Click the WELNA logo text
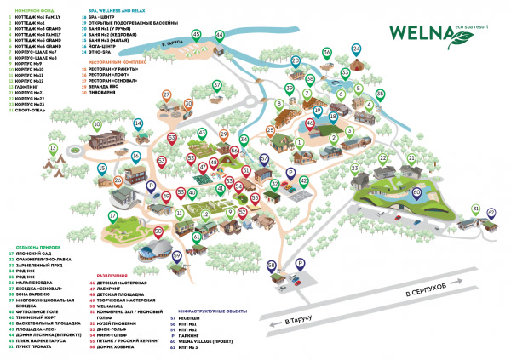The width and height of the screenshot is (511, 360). coord(421,31)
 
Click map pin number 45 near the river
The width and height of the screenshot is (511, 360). coord(197,34)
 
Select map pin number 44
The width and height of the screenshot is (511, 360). coord(219,35)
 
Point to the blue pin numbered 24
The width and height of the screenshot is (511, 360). coord(355,49)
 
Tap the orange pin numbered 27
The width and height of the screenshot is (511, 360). coord(167,95)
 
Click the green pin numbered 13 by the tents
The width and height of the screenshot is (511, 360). coord(51,148)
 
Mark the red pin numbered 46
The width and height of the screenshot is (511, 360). coord(310,124)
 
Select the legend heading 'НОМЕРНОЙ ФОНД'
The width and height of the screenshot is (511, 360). coord(26,9)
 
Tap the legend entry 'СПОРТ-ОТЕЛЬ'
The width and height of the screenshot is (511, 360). coord(32,110)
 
